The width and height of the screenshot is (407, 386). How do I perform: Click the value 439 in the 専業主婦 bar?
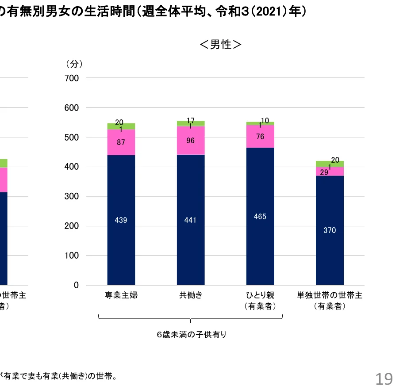[x=121, y=220]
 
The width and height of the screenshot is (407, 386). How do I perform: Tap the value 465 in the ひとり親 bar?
[x=260, y=217]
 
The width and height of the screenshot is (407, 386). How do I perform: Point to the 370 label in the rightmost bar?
[x=330, y=230]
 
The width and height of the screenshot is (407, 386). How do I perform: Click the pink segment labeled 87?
[x=121, y=142]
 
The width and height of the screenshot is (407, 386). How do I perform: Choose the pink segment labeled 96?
[x=191, y=141]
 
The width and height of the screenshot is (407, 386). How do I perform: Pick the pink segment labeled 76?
[x=260, y=137]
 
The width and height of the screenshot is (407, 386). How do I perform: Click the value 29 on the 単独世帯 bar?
[x=324, y=172]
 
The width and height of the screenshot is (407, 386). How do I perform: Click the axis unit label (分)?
[x=74, y=64]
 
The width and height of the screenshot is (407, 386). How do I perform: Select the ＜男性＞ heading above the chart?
[x=221, y=45]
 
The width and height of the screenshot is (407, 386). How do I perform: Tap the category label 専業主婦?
[x=121, y=295]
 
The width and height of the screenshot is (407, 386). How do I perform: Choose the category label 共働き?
[x=191, y=295]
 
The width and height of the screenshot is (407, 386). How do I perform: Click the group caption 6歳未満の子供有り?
[x=191, y=335]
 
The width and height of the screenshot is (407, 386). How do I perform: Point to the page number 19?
[x=384, y=378]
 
